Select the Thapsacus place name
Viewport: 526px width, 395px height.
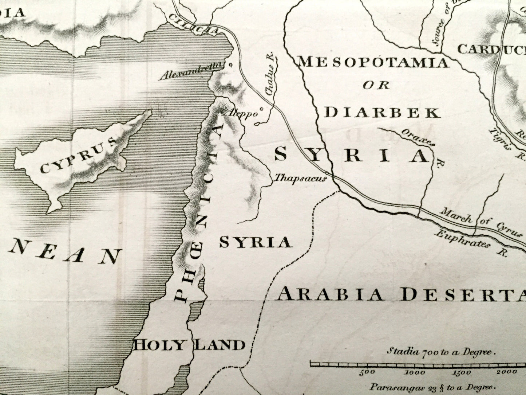pos(299,178)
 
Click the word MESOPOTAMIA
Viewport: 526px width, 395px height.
pos(373,63)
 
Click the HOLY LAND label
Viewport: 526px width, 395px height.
pos(188,344)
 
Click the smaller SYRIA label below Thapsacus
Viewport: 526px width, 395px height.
pos(256,242)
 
